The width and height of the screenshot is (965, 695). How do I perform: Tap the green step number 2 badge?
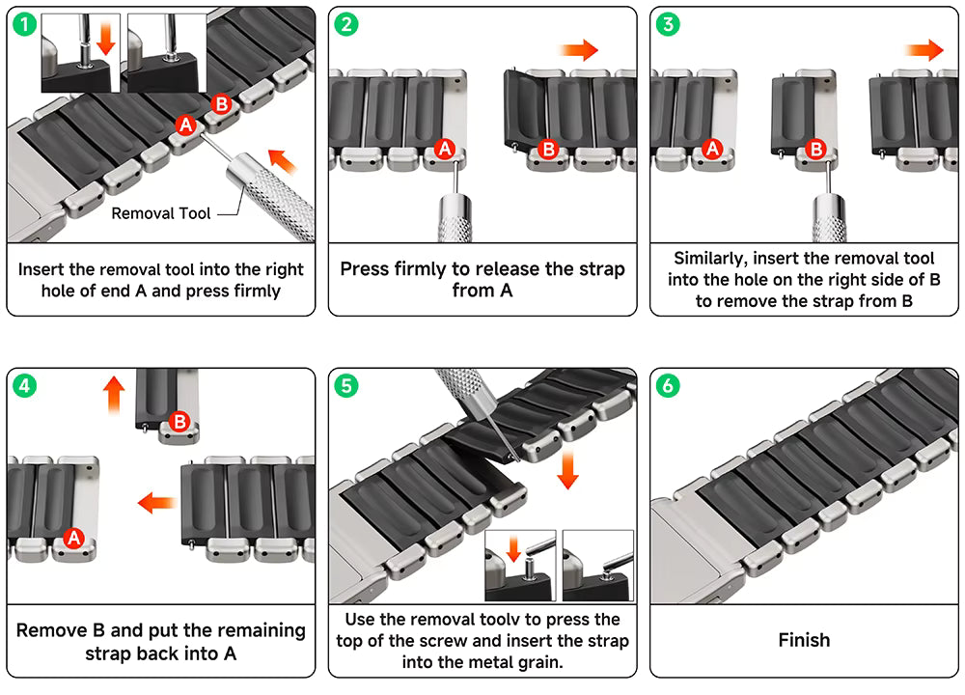pyautogui.click(x=345, y=25)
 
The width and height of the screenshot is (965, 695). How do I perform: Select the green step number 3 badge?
pyautogui.click(x=667, y=25)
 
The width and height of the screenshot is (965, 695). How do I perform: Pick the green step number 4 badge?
pyautogui.click(x=25, y=386)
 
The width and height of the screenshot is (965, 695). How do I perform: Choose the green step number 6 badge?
pyautogui.click(x=667, y=386)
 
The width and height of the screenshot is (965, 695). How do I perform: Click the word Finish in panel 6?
pyautogui.click(x=804, y=640)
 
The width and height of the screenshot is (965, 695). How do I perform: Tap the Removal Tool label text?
pyautogui.click(x=160, y=213)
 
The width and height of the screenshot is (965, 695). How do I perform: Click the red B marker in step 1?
pyautogui.click(x=220, y=103)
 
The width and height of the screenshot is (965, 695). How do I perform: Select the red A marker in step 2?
pyautogui.click(x=444, y=149)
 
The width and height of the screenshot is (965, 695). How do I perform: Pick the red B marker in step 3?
pyautogui.click(x=815, y=149)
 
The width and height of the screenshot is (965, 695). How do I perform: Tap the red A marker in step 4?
pyautogui.click(x=73, y=538)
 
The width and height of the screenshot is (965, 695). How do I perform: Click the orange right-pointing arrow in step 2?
pyautogui.click(x=580, y=50)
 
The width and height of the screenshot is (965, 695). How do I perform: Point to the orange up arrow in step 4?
pyautogui.click(x=114, y=395)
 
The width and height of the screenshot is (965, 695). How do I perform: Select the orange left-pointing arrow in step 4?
pyautogui.click(x=155, y=502)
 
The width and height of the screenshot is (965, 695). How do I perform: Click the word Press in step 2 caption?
pyautogui.click(x=367, y=268)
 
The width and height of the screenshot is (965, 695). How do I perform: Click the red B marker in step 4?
pyautogui.click(x=179, y=422)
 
